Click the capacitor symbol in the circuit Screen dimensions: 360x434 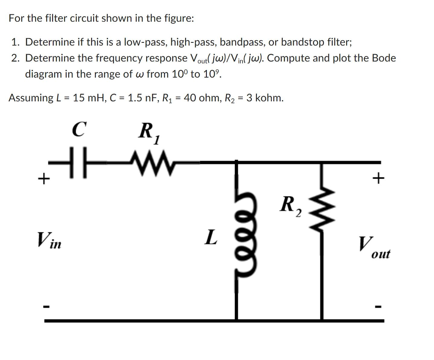(x=78, y=162)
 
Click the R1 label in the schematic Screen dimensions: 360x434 (x=149, y=132)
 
